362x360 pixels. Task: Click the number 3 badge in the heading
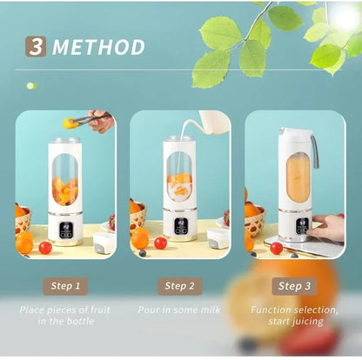[36, 46]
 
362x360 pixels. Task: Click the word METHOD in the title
[98, 47]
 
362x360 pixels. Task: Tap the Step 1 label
[66, 284]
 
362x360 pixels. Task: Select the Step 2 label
[179, 284]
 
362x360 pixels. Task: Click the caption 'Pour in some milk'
[180, 310]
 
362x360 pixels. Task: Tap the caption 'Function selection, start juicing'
[293, 316]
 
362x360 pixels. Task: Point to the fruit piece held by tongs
[69, 123]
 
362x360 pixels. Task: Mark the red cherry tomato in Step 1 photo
[45, 247]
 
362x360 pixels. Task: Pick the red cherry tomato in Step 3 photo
[276, 248]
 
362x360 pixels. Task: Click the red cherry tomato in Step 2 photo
[160, 243]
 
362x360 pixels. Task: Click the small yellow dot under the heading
[30, 85]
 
